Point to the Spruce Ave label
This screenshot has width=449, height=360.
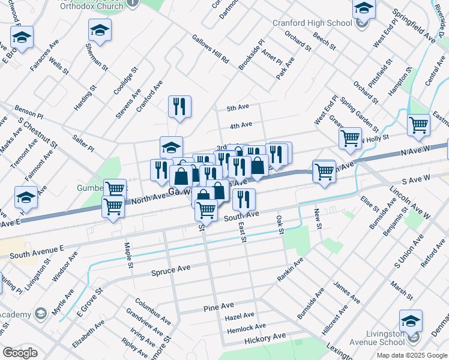[x=171, y=271]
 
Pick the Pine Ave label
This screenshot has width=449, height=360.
[x=214, y=308]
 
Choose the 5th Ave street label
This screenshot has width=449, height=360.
[x=238, y=108]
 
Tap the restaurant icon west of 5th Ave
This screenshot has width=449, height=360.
[x=179, y=107]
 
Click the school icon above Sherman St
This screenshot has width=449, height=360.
[x=100, y=29]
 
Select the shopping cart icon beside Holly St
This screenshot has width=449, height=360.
[x=350, y=138]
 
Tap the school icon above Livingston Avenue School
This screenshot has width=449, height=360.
[x=411, y=321]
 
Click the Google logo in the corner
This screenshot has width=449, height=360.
[x=20, y=353]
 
